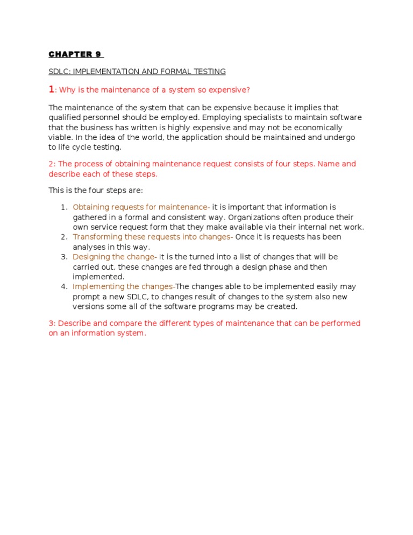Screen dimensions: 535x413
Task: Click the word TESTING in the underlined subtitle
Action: (x=208, y=72)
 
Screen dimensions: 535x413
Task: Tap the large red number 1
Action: (x=52, y=89)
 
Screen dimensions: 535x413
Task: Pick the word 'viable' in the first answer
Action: (x=60, y=138)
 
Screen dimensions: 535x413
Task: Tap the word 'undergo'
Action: (x=340, y=138)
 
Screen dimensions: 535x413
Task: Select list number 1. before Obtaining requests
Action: (x=63, y=207)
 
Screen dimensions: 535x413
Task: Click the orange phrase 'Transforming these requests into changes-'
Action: (x=153, y=237)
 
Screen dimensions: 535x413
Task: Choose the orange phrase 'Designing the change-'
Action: (x=115, y=257)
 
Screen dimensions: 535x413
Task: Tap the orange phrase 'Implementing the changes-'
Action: (x=124, y=287)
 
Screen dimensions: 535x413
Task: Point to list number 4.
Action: (x=63, y=287)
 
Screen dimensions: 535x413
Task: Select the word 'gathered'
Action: (x=89, y=217)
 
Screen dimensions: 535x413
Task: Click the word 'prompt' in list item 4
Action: (x=86, y=297)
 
